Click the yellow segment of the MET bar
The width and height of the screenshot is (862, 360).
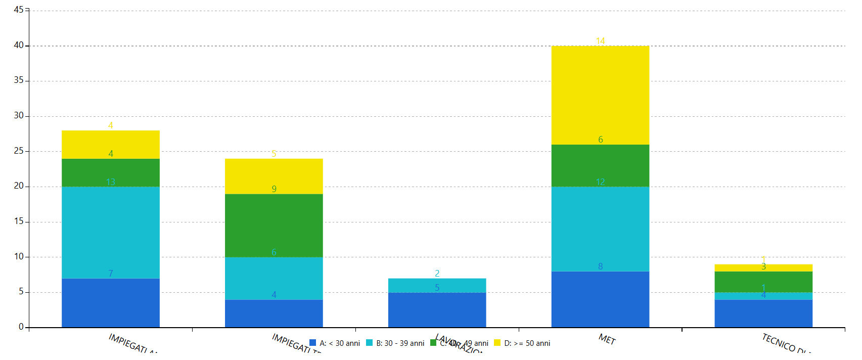click(600, 95)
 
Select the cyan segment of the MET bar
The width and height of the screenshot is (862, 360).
click(600, 229)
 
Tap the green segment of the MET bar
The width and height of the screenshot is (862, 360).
click(600, 165)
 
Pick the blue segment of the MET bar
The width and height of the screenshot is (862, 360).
click(600, 299)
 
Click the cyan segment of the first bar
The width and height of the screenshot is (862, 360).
click(111, 233)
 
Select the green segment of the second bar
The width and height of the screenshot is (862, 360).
click(274, 226)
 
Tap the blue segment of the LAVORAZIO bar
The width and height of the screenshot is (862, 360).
click(437, 309)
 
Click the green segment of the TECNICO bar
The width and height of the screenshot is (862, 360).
click(763, 282)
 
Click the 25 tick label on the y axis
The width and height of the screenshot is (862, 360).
click(19, 151)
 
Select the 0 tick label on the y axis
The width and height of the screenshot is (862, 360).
click(21, 327)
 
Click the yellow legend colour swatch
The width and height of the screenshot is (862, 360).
click(497, 343)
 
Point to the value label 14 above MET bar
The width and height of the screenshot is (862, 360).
click(600, 40)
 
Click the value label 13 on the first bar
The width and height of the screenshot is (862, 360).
click(111, 182)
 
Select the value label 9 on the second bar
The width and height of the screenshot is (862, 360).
click(274, 189)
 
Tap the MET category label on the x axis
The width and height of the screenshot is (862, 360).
click(607, 339)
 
